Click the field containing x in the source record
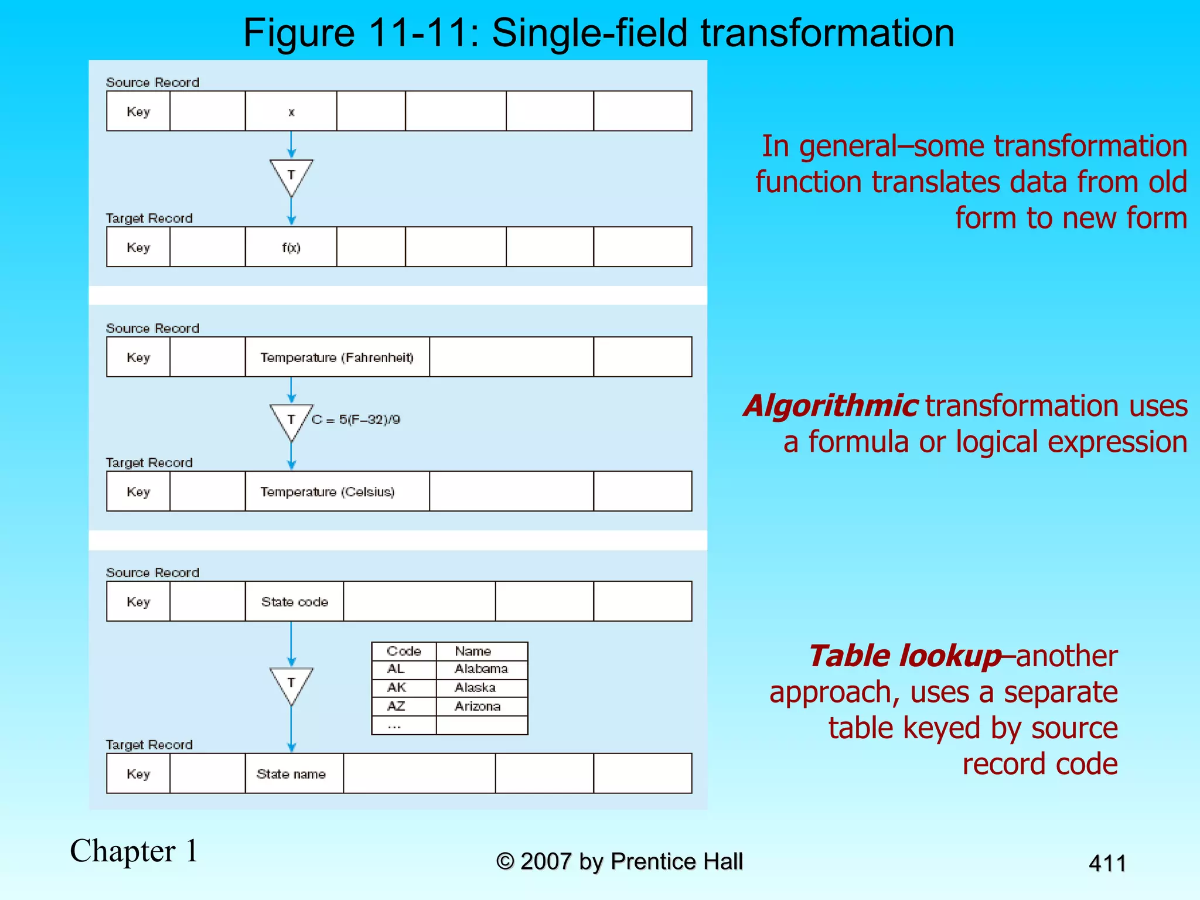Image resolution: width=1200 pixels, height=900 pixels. click(291, 111)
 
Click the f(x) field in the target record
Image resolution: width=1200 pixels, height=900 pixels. click(291, 247)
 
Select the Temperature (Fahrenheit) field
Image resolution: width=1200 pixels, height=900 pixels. click(337, 357)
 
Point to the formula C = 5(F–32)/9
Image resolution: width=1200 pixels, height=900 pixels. click(356, 420)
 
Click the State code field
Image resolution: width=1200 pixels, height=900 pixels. click(294, 602)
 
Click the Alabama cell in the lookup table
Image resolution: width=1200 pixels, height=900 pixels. click(481, 669)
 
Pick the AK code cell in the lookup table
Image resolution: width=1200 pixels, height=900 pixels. click(397, 687)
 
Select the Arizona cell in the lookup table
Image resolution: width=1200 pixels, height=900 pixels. click(478, 706)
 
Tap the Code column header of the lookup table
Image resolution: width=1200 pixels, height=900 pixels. click(404, 651)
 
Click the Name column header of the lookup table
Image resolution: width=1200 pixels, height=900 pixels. click(473, 651)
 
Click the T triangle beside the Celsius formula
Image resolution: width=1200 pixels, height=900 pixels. click(291, 418)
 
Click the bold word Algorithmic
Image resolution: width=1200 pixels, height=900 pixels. click(830, 406)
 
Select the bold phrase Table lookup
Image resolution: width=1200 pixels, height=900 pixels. click(905, 656)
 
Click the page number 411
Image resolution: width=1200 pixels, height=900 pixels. click(1107, 864)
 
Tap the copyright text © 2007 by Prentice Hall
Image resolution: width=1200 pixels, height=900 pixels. click(619, 862)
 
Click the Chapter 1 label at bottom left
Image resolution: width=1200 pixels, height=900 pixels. click(134, 851)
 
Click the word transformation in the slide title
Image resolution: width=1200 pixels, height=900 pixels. click(827, 33)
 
